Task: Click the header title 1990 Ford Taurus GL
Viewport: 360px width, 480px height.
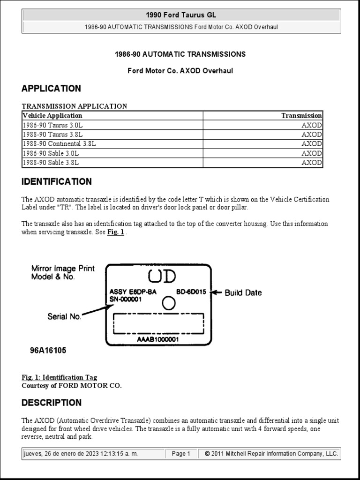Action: (x=181, y=15)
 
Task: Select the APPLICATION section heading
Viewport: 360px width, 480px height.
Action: (x=51, y=89)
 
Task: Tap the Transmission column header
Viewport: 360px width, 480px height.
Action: (x=301, y=115)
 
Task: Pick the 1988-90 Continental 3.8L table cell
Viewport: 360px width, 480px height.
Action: (x=59, y=144)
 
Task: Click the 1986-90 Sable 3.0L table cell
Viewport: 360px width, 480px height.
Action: (x=51, y=153)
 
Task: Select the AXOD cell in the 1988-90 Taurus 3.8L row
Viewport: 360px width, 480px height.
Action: (x=311, y=135)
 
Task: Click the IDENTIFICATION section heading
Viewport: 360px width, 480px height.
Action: (x=57, y=182)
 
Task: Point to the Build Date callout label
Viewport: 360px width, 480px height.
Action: (x=243, y=292)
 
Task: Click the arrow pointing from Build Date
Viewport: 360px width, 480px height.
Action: (x=217, y=292)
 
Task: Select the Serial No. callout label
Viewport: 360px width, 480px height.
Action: (x=64, y=316)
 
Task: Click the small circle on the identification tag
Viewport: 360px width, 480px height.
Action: (x=168, y=304)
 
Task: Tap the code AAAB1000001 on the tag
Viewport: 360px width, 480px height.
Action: (x=158, y=339)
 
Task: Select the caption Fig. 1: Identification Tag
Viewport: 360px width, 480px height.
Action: (x=60, y=377)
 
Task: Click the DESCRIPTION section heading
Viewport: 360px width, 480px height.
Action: (x=52, y=403)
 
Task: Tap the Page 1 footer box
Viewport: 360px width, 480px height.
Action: (x=181, y=454)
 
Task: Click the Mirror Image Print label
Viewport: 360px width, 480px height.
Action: (x=63, y=269)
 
